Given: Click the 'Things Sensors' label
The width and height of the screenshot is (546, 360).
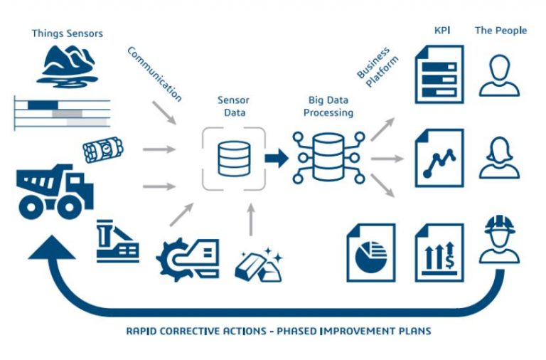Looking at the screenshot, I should coord(67,33).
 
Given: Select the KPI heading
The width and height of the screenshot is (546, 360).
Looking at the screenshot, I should coord(442,31).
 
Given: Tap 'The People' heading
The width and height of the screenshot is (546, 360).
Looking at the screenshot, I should coord(500,31).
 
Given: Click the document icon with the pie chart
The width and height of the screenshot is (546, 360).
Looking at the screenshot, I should coord(370,253).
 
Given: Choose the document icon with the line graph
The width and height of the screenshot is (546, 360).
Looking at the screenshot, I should coord(439,158).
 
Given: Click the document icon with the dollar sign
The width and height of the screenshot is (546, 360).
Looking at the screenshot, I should coord(439,253).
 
